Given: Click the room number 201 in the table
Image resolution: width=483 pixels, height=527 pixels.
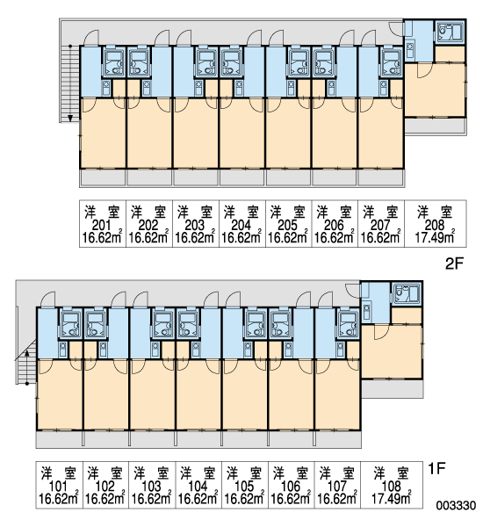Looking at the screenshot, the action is [101, 225].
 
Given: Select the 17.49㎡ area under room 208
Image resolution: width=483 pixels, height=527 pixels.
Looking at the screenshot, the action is [435, 238].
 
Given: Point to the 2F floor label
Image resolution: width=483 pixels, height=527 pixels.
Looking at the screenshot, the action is [454, 264].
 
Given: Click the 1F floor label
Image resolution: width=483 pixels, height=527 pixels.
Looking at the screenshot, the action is [437, 468].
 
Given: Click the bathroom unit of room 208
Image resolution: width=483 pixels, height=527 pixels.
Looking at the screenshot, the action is [451, 32].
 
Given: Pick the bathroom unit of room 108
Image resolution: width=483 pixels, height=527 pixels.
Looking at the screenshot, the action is [407, 294].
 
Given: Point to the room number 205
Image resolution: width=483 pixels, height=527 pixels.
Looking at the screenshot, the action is [287, 225].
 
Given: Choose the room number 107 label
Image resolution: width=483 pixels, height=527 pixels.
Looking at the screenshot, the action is [337, 486].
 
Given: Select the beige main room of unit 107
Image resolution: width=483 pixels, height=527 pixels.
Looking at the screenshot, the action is [338, 394].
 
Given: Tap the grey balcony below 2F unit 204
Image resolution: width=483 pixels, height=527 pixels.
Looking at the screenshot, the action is [242, 177].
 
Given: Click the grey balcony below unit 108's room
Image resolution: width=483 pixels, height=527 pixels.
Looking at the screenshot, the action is [393, 388].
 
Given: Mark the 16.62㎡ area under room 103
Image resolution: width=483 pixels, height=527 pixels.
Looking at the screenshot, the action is [151, 499].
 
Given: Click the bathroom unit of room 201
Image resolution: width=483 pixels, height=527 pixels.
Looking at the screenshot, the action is [113, 61].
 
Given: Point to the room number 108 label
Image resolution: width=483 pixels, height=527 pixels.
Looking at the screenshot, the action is [392, 486].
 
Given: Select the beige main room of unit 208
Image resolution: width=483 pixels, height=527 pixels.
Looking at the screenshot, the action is [435, 89].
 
